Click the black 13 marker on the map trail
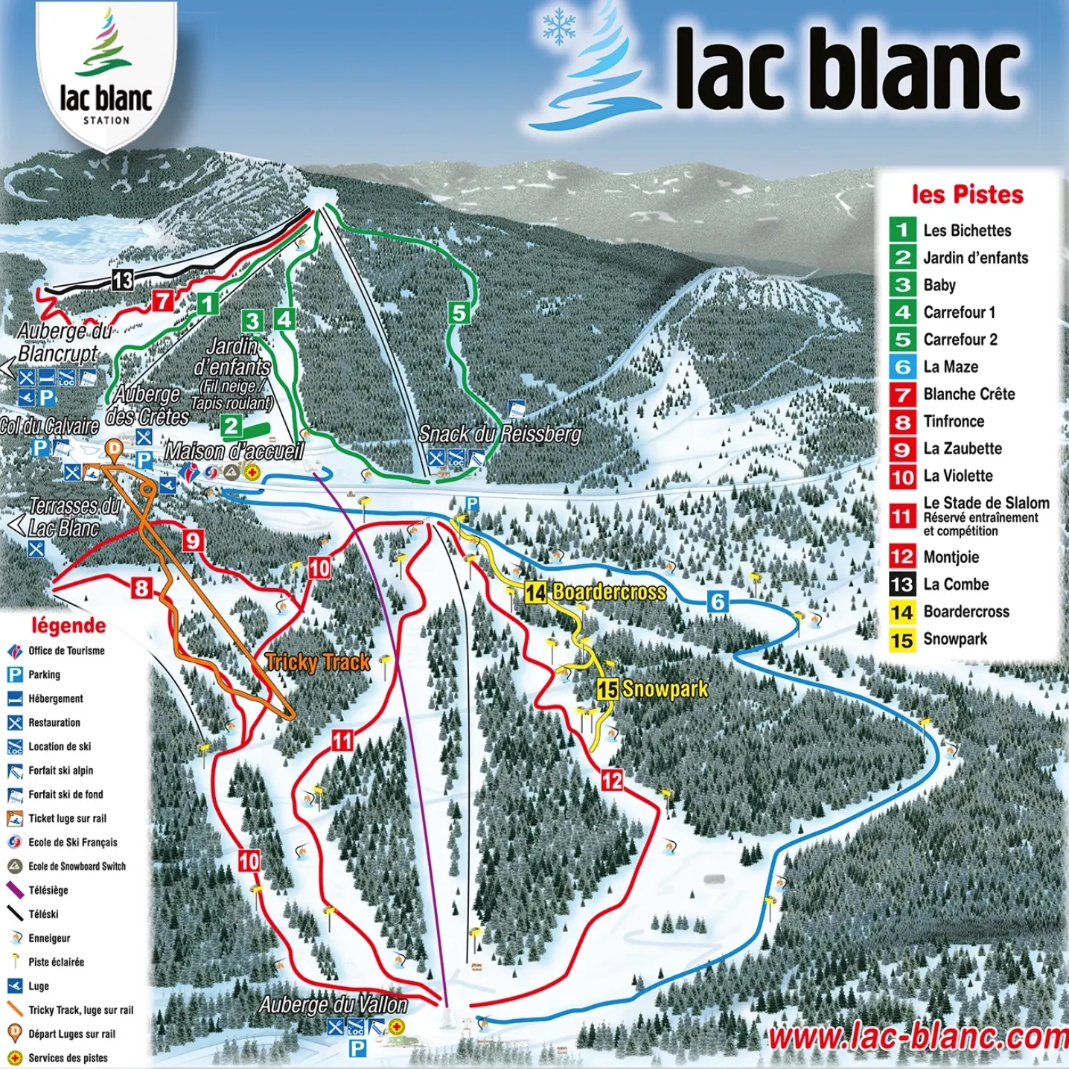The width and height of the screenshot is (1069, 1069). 122,280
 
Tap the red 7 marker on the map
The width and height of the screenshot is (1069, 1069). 162,301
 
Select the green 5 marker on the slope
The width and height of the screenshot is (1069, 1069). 459,313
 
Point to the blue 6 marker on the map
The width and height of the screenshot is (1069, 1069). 717,601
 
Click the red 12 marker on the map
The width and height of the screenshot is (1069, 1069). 612,780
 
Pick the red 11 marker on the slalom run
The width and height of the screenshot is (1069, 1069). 342,740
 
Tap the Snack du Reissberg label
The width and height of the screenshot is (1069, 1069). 500,433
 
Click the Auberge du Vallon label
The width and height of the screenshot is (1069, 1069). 334,1005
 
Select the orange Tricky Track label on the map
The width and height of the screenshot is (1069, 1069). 318,662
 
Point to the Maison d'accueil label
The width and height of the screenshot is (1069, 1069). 234,451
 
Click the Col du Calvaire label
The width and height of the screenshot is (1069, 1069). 49,426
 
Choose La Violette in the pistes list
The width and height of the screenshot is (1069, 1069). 957,476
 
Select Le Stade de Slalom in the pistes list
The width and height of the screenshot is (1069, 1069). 986,503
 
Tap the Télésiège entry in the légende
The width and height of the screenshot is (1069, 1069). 48,890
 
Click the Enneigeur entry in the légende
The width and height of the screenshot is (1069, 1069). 49,938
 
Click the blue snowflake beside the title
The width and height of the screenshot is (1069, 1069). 558,27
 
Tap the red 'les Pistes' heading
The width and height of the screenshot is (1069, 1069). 967,195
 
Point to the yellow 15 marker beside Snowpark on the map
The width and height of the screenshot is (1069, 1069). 607,689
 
